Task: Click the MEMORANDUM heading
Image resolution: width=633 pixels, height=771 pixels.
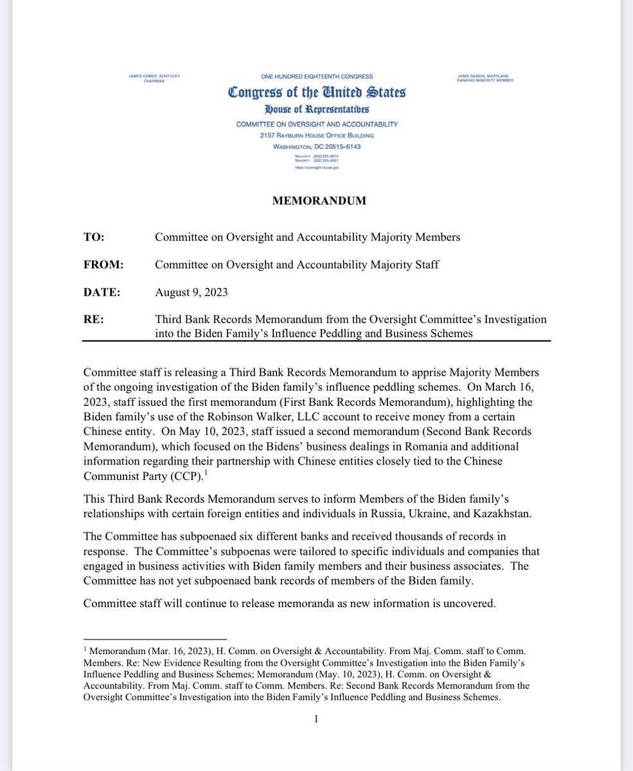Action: [317, 201]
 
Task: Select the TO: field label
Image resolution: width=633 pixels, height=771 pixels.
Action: [94, 237]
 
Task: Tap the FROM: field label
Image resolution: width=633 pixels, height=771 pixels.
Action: [103, 264]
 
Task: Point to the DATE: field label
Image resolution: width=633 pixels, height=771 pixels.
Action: [102, 292]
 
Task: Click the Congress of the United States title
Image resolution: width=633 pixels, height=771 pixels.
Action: [317, 93]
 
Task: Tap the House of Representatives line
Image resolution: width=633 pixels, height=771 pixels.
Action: [316, 110]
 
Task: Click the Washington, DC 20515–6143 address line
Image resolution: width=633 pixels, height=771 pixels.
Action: [316, 146]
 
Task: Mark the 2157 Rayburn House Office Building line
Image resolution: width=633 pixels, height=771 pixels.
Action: [316, 136]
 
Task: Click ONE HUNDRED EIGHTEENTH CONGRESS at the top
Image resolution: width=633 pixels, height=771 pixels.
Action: [316, 76]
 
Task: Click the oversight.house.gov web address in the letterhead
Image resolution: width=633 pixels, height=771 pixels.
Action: [316, 168]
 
